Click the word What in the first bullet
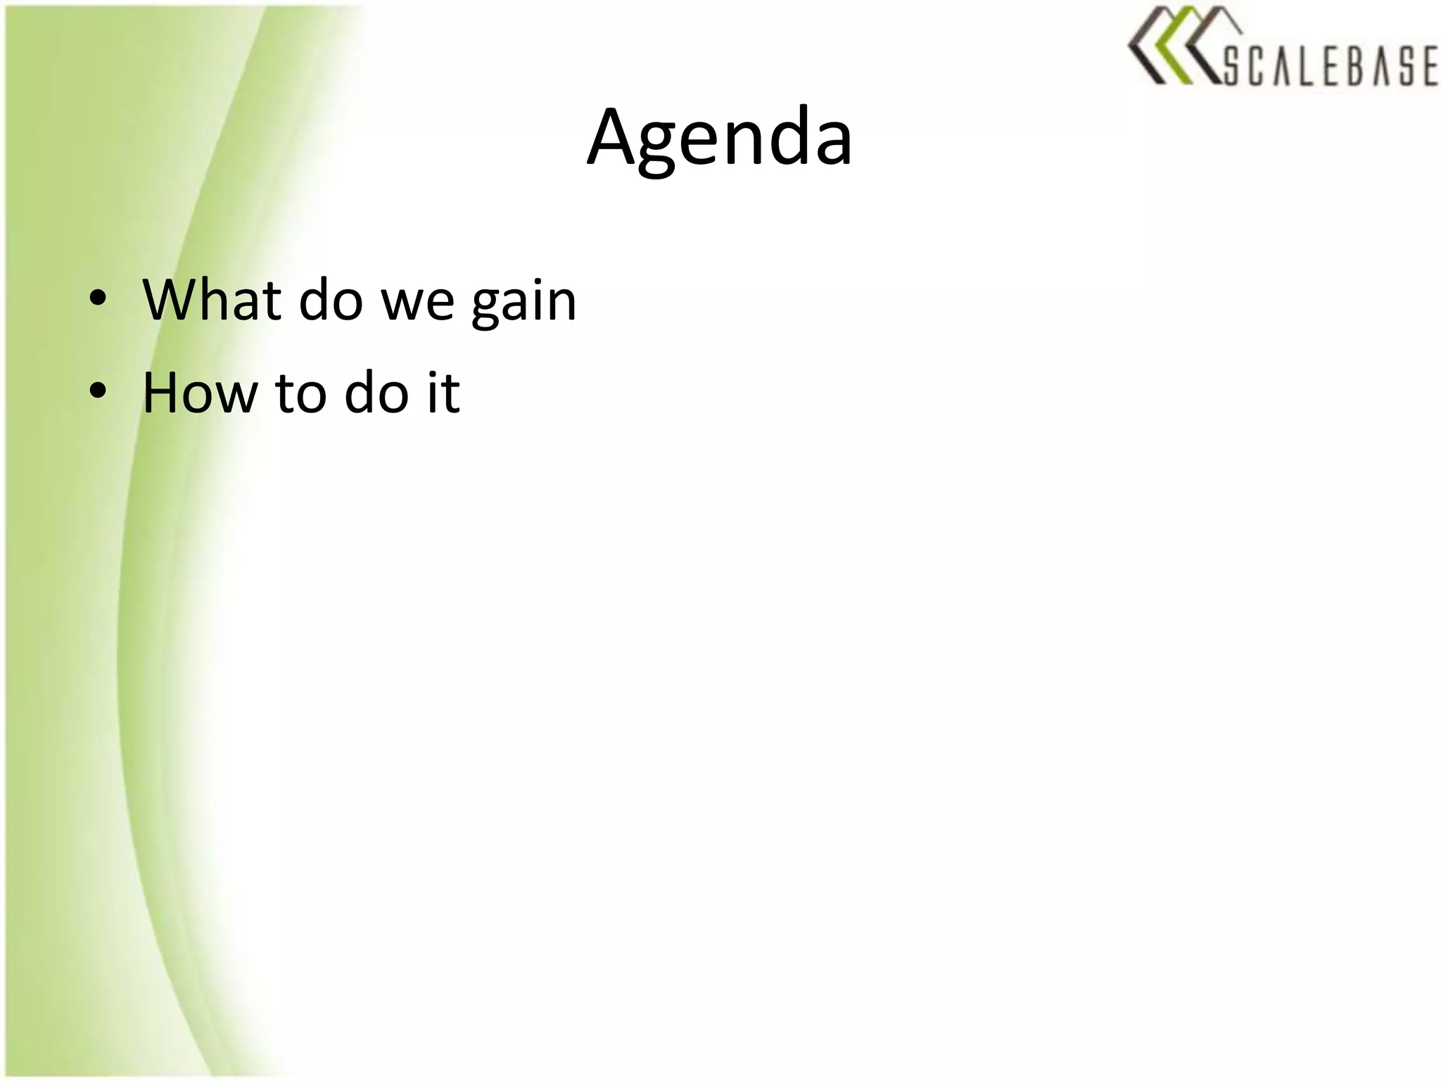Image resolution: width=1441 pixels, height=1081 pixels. coord(212,301)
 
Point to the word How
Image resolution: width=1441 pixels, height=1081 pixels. coord(200,393)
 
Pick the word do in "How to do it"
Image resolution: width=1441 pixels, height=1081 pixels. coord(376,393)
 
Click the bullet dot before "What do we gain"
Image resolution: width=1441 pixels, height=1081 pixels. coord(98,298)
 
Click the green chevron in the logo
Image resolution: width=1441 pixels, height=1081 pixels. coord(1169,46)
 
